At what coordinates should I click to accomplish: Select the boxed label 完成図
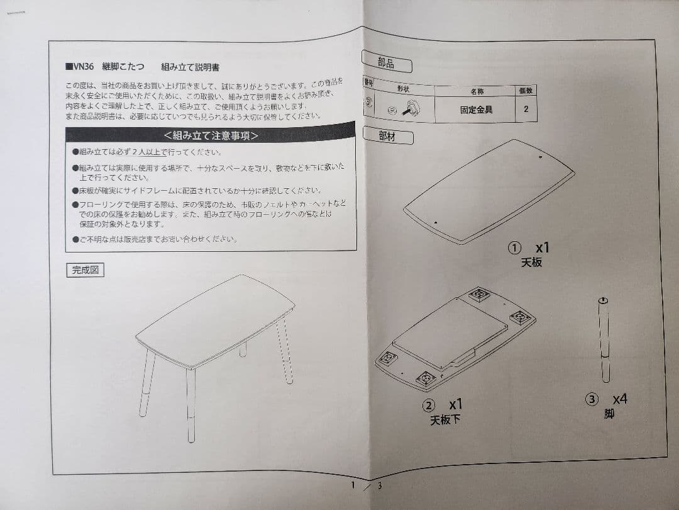pos(85,270)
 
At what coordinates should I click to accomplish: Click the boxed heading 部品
pos(386,64)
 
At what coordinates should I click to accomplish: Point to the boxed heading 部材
pos(387,136)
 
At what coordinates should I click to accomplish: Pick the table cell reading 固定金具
pos(476,109)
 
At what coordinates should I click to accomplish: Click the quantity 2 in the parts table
pos(526,109)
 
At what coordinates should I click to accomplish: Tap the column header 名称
pos(477,91)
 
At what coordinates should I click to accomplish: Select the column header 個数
pos(526,90)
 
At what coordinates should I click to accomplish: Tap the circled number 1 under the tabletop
pos(514,248)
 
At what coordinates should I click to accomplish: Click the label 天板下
pos(444,420)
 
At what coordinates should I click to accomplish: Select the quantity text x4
pos(620,399)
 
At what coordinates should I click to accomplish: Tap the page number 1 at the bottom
pos(353,485)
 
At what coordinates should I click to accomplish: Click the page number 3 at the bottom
pos(380,485)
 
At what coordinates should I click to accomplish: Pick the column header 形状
pos(403,89)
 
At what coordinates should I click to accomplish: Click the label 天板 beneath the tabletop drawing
pos(531,262)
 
